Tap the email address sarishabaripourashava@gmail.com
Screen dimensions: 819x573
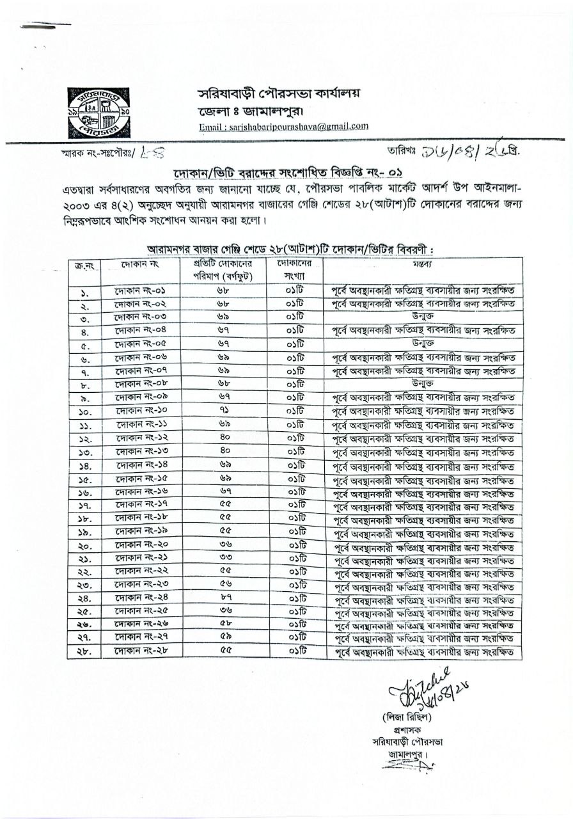point(283,127)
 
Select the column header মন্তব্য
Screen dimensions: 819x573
point(422,264)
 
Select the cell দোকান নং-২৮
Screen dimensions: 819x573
point(141,651)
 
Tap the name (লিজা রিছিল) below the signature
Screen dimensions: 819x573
point(405,717)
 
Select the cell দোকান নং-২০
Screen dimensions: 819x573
point(141,545)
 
